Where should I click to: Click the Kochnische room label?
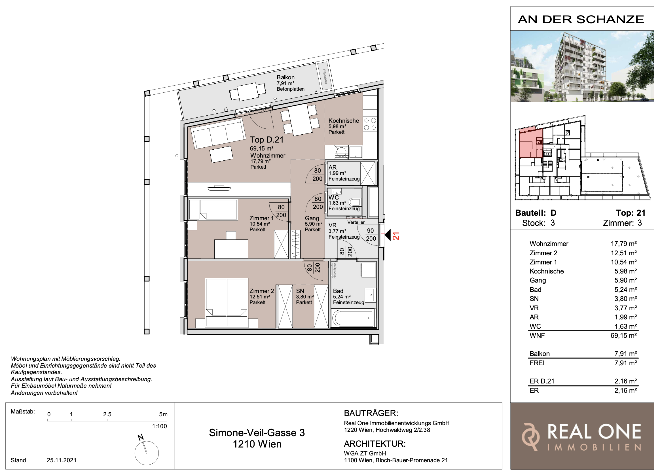click(x=344, y=121)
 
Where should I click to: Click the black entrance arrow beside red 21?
click(x=388, y=235)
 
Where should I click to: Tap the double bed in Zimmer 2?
click(x=227, y=303)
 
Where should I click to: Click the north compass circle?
click(x=147, y=453)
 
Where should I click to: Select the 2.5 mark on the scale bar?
click(x=107, y=414)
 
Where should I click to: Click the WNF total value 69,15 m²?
click(x=624, y=335)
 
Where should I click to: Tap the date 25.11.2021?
click(x=62, y=460)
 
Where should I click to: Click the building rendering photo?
click(x=582, y=66)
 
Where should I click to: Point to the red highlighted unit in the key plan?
click(x=531, y=143)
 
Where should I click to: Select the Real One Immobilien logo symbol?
click(x=530, y=437)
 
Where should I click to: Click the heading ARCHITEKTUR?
click(x=375, y=444)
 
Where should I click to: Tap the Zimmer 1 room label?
click(x=261, y=218)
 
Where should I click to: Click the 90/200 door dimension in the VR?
click(x=371, y=235)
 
